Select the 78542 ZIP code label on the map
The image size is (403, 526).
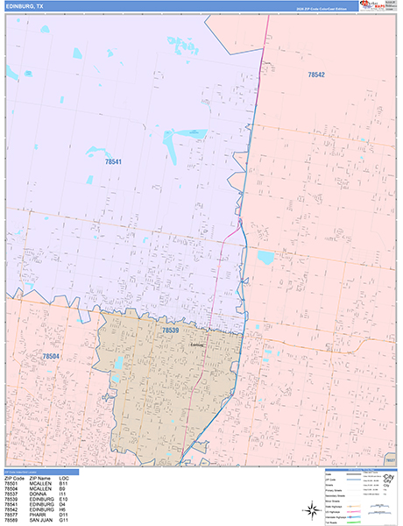316,75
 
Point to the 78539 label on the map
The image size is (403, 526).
170,330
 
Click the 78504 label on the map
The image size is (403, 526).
52,356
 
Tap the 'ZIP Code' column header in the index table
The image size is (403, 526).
16,477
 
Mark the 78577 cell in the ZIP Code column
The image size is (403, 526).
13,514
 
